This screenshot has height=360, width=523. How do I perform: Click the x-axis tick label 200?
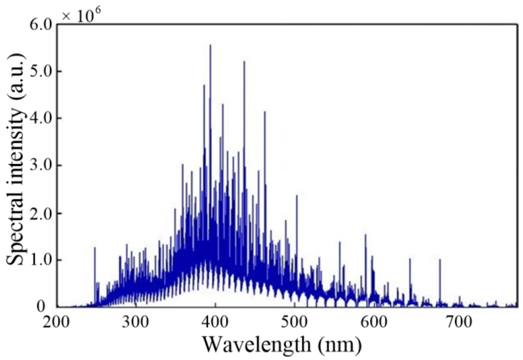click(x=57, y=322)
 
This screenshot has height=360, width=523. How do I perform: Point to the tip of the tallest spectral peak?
click(x=210, y=46)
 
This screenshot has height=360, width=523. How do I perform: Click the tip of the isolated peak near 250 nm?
click(x=95, y=248)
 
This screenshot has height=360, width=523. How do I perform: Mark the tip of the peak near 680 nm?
click(x=439, y=260)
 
